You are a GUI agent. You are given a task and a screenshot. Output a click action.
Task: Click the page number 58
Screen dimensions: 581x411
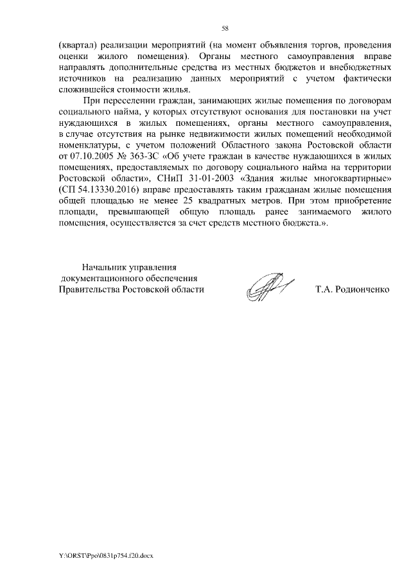coord(225,28)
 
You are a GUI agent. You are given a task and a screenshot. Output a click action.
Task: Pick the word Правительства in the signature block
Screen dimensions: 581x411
coord(88,289)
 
